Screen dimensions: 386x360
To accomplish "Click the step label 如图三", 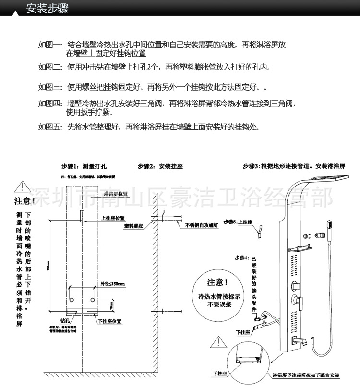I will [x=50, y=87].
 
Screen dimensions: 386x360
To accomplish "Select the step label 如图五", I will [x=50, y=127].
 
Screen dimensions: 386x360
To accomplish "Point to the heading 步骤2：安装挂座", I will [x=160, y=166].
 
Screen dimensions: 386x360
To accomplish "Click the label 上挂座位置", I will [x=113, y=217].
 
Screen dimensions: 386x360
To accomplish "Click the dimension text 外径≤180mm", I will [x=113, y=284].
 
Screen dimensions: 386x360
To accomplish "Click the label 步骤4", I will [x=242, y=257].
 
